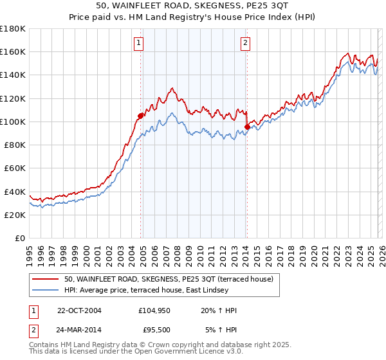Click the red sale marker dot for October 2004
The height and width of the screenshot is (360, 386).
coord(140,116)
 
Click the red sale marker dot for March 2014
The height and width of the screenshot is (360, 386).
coord(247,127)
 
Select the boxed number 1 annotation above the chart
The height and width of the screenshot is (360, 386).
coord(139,43)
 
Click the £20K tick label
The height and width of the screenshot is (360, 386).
coord(15,215)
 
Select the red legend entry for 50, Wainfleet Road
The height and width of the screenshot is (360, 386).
coord(169,279)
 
